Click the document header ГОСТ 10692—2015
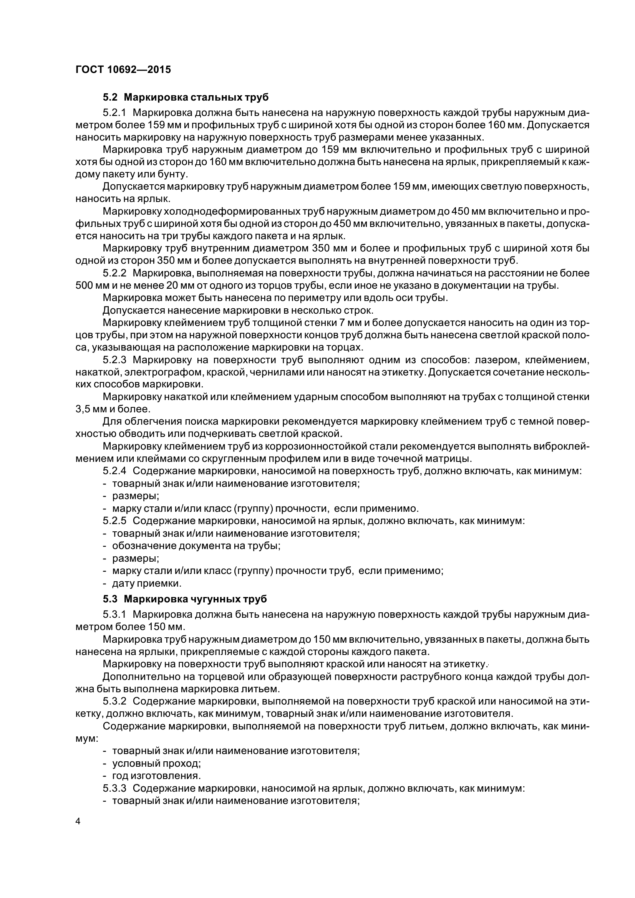pyautogui.click(x=123, y=70)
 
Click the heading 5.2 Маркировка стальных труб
pyautogui.click(x=186, y=97)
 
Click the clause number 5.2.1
pyautogui.click(x=114, y=113)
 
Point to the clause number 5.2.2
pyautogui.click(x=114, y=273)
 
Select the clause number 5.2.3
pyautogui.click(x=114, y=360)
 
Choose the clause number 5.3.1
pyautogui.click(x=114, y=615)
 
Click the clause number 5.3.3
pyautogui.click(x=114, y=789)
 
